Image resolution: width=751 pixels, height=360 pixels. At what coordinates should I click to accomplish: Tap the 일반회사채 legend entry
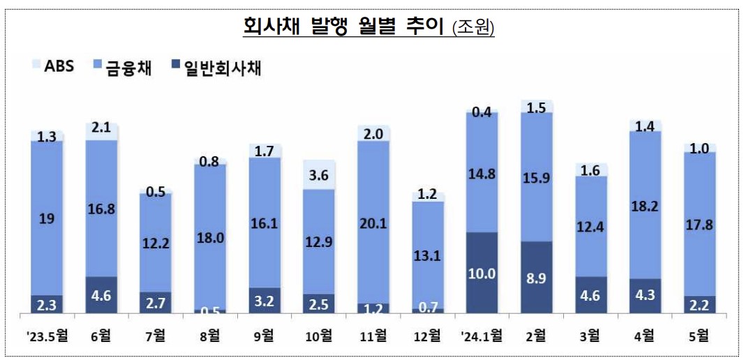tap(215, 67)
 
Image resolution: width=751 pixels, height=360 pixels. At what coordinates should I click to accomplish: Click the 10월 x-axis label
tap(318, 336)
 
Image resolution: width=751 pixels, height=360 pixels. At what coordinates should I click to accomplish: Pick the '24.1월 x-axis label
tap(482, 336)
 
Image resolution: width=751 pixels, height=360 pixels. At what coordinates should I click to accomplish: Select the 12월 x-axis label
tap(427, 336)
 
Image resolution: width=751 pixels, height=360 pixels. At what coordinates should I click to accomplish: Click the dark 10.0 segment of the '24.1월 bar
tap(482, 273)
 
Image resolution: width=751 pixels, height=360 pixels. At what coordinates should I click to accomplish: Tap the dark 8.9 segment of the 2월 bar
tap(537, 277)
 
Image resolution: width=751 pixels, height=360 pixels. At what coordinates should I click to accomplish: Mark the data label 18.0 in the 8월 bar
tap(210, 237)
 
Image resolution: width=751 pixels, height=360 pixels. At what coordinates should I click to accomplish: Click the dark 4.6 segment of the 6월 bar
tap(101, 295)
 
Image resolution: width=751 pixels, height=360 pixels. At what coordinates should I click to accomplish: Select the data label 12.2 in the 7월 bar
tap(156, 242)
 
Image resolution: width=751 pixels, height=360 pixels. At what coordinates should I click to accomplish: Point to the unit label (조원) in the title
tap(473, 28)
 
